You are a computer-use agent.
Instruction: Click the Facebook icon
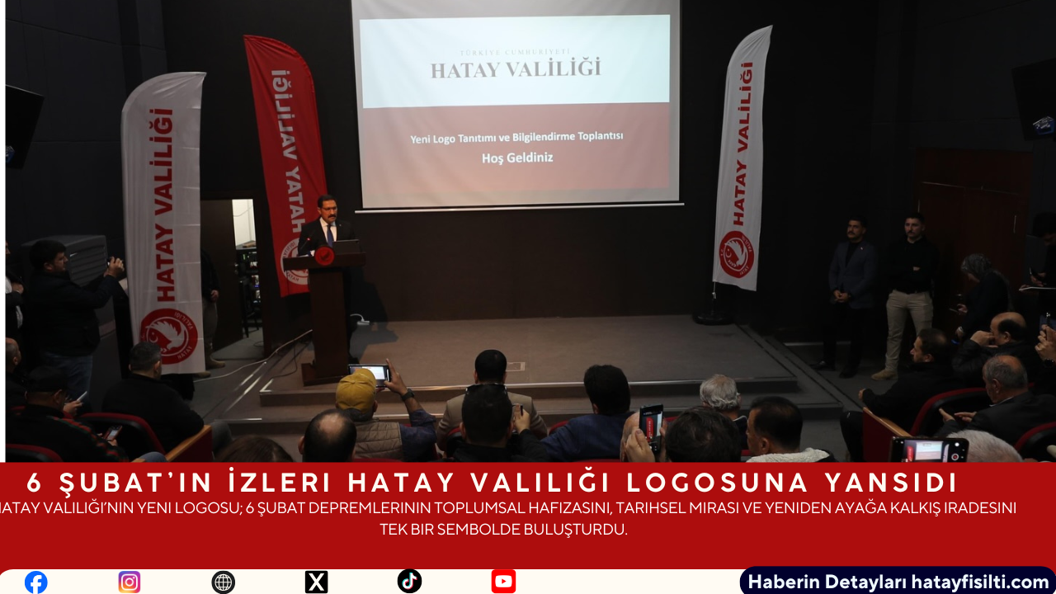click(36, 582)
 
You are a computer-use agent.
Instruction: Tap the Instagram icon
click(130, 582)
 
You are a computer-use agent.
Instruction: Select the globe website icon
click(223, 582)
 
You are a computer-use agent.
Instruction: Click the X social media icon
click(316, 582)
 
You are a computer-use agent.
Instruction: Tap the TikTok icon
click(409, 582)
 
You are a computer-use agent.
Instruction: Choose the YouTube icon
click(503, 582)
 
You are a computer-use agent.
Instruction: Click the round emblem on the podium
click(324, 256)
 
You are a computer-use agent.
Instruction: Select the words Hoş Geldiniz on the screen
click(517, 158)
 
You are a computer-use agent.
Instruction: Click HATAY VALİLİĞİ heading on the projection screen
click(516, 68)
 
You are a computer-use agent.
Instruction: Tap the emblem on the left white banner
click(168, 335)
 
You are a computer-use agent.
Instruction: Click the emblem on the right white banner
click(737, 253)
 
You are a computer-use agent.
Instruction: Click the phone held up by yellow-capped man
click(370, 373)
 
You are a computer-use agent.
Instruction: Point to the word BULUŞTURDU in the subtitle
click(578, 530)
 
